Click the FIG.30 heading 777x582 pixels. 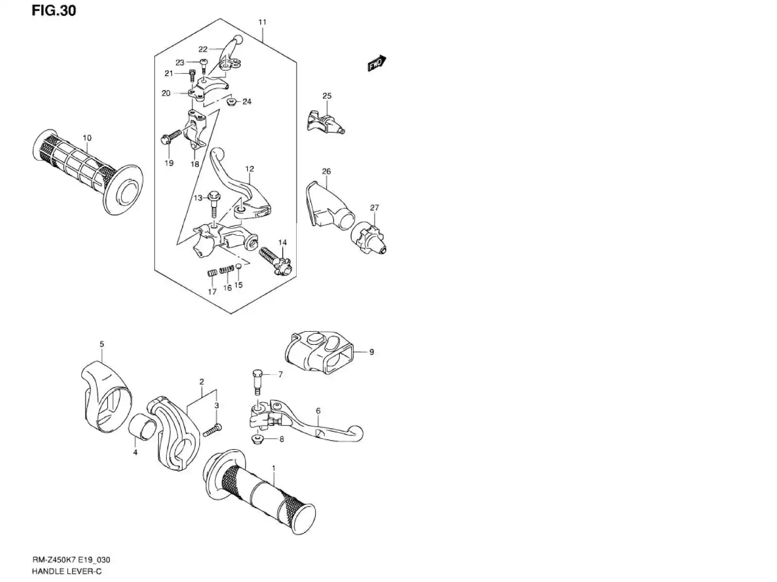tap(54, 11)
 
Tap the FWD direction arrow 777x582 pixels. tap(377, 63)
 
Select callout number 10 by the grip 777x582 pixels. tap(87, 137)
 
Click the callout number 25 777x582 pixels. tap(327, 96)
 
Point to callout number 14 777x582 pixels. tap(282, 242)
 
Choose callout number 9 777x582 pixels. tap(371, 352)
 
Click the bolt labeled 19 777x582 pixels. tap(171, 137)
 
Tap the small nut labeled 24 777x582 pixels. tap(231, 103)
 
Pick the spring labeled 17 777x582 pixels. tap(212, 274)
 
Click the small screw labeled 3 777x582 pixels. tap(213, 430)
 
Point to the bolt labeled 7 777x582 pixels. tap(257, 382)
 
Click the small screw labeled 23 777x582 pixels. tap(204, 66)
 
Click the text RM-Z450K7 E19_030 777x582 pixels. tap(71, 559)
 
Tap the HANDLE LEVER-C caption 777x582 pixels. tap(67, 571)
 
